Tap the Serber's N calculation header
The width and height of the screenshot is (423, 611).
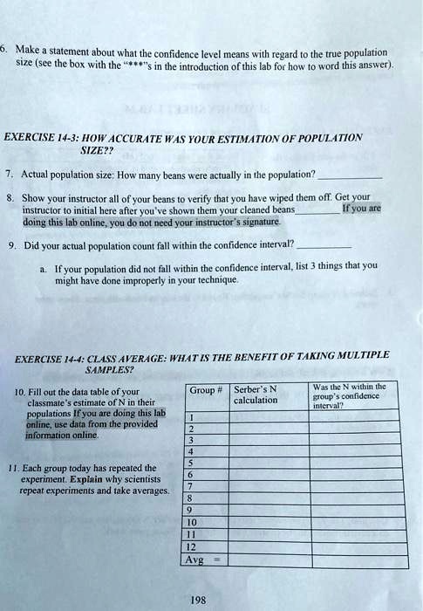(256, 395)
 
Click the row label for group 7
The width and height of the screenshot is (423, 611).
(189, 487)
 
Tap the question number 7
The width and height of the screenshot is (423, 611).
(10, 175)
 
